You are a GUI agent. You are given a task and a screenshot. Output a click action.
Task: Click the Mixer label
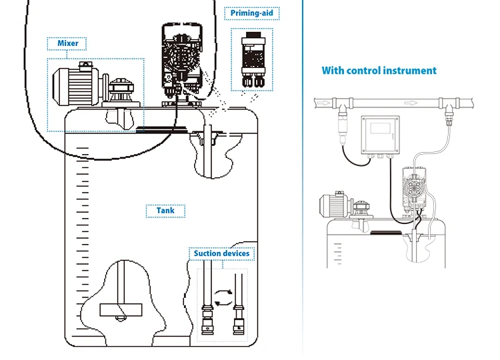click(x=67, y=43)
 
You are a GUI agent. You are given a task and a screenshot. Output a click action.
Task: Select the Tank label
click(x=165, y=211)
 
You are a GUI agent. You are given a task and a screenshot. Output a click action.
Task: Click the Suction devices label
click(x=221, y=253)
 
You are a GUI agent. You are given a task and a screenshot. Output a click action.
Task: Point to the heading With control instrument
click(x=379, y=70)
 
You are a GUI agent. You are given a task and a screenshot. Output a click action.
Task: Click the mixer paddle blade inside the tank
click(x=121, y=309)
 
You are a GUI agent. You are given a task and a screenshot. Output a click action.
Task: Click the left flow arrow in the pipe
click(x=323, y=103)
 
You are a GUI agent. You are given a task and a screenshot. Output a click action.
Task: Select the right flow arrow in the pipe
click(x=415, y=103)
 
